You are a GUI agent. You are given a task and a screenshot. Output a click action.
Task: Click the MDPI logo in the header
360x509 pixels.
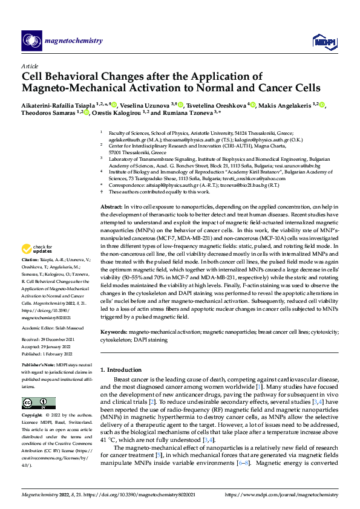coord(321,41)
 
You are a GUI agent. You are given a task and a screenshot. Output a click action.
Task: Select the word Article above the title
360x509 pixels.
coord(30,66)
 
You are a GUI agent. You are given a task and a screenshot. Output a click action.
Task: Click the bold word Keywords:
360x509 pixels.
coord(113,332)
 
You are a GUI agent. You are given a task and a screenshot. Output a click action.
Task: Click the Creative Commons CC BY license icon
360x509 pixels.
coord(35,403)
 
